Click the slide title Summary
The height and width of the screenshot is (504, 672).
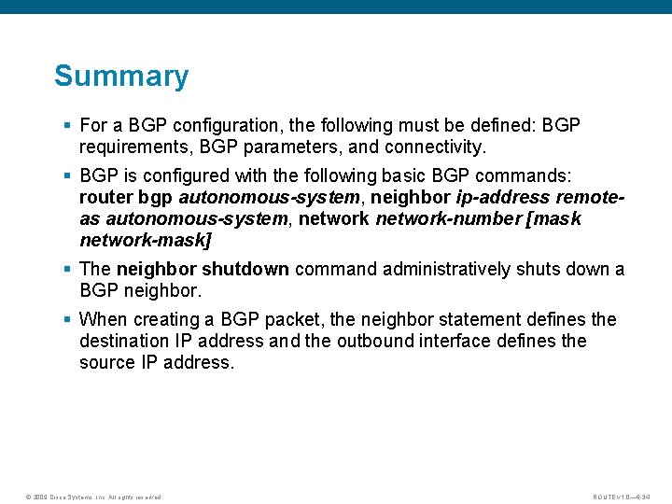121,76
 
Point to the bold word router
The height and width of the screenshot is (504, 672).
105,197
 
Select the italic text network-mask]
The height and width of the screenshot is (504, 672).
146,240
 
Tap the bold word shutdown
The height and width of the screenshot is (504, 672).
245,269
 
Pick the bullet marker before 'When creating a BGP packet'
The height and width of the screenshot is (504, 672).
68,320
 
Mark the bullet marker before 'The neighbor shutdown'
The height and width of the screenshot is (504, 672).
68,270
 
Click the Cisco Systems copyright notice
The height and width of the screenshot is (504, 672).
93,497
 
